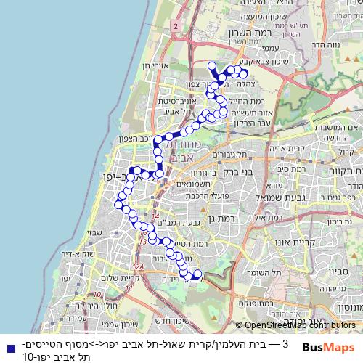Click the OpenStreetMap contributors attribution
[x=295, y=326]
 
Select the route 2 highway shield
[x=176, y=26]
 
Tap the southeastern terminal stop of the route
[x=195, y=274]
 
